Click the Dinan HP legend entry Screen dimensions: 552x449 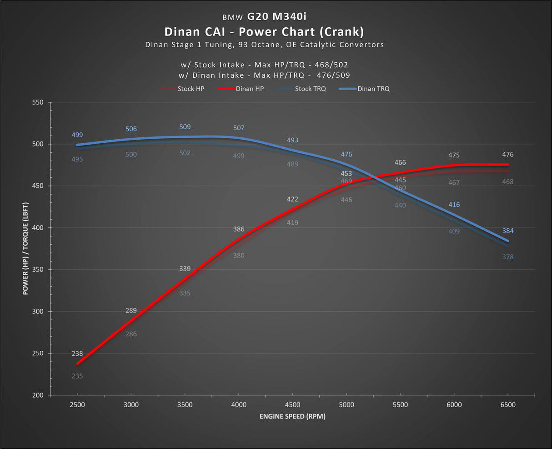(x=241, y=89)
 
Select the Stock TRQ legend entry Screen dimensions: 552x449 (x=301, y=89)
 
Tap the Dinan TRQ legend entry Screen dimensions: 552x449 (x=364, y=89)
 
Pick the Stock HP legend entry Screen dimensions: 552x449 (x=182, y=89)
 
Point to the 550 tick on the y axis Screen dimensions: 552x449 (x=38, y=102)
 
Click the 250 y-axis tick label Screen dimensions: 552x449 (x=38, y=353)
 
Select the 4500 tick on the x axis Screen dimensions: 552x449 (x=292, y=405)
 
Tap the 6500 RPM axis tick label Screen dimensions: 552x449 (x=508, y=405)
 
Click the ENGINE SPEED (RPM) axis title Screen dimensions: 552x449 (x=292, y=416)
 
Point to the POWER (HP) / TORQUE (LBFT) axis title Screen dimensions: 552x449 (x=25, y=248)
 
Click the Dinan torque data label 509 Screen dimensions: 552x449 (x=185, y=127)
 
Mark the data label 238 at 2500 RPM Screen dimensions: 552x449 (x=77, y=353)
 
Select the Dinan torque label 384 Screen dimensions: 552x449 (x=508, y=231)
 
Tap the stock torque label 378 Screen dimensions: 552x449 (x=508, y=257)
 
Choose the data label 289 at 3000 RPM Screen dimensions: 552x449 (x=131, y=311)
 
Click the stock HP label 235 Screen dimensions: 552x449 (x=77, y=376)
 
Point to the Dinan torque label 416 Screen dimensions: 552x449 (x=454, y=205)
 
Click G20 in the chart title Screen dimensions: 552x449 (x=258, y=16)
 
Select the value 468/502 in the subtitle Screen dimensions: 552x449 (x=331, y=65)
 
